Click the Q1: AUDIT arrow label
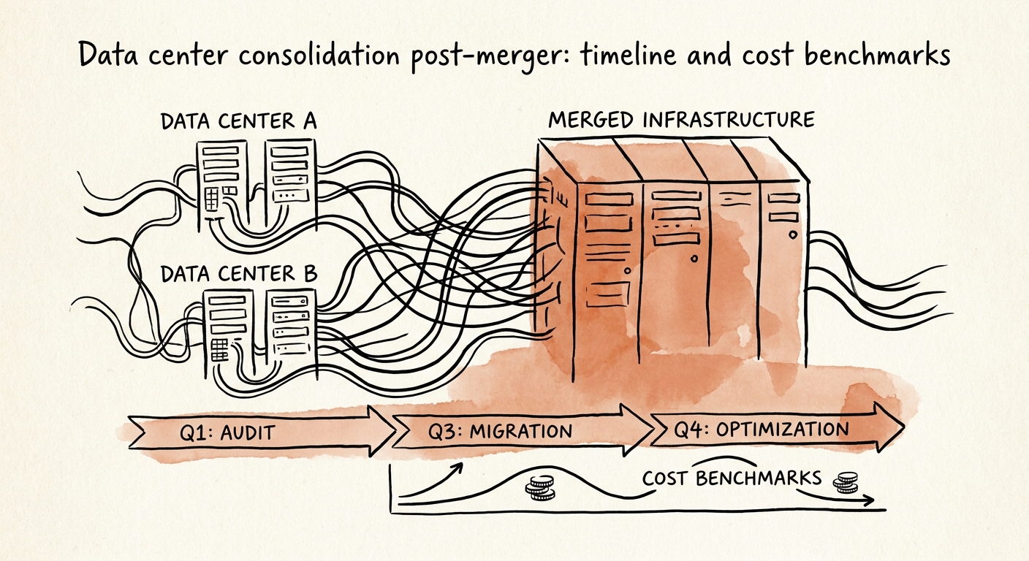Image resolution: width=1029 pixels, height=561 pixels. pyautogui.click(x=227, y=432)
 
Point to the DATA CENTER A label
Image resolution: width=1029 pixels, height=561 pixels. pyautogui.click(x=238, y=121)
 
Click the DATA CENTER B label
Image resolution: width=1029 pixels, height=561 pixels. pyautogui.click(x=238, y=274)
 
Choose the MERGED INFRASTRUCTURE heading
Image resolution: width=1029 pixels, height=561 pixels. pyautogui.click(x=680, y=119)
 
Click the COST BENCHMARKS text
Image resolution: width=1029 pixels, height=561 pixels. pyautogui.click(x=732, y=478)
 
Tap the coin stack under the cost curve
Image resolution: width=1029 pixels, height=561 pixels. pyautogui.click(x=541, y=488)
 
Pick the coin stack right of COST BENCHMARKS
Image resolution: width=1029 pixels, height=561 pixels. pyautogui.click(x=846, y=481)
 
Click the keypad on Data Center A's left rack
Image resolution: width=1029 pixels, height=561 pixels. pyautogui.click(x=214, y=198)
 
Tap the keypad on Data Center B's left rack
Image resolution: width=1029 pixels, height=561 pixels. pyautogui.click(x=219, y=348)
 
